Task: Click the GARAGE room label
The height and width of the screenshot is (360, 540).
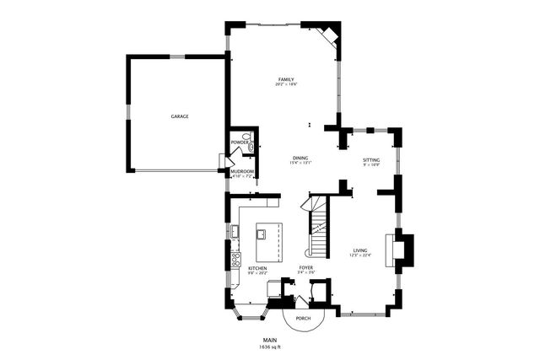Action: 179,116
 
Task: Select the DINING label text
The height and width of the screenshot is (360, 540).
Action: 300,158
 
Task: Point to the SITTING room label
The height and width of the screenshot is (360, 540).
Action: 371,159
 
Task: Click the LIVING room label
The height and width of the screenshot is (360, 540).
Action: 359,251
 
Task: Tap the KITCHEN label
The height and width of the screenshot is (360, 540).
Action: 246,268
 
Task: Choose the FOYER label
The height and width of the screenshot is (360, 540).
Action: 305,268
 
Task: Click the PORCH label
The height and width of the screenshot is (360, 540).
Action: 302,319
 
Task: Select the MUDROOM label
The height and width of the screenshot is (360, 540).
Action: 242,171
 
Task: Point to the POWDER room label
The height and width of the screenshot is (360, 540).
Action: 240,142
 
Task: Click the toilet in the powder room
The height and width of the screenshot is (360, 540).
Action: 246,136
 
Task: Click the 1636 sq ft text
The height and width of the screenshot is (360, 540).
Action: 269,347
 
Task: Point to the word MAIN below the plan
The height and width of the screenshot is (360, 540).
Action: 269,341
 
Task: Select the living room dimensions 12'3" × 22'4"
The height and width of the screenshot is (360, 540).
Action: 359,257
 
